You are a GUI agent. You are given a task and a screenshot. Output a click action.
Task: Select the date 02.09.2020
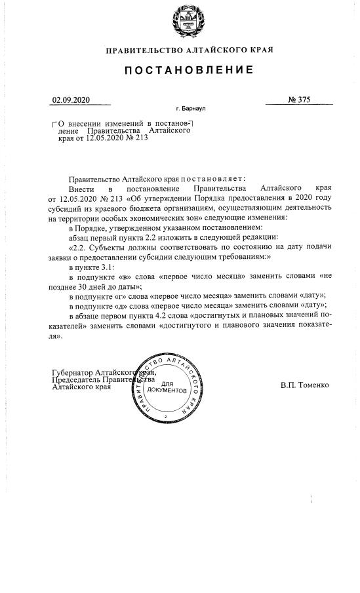(71, 100)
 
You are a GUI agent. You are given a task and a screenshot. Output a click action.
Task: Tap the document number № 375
(298, 100)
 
